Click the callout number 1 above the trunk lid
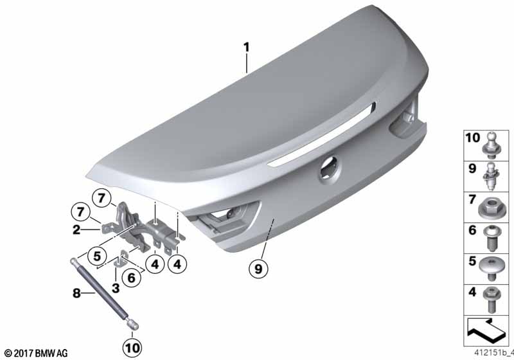pos(246,47)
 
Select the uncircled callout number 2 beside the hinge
pos(76,230)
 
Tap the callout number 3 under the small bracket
pos(116,289)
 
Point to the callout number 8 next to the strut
pos(76,292)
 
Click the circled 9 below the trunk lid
pos(258,269)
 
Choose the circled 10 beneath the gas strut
pos(132,348)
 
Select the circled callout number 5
pos(97,256)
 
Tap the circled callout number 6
pos(131,278)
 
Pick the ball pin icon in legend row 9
pos(491,176)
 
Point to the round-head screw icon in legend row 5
pos(491,268)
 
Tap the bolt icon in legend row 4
pos(491,300)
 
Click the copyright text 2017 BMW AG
pos(36,353)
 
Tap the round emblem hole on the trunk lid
pos(330,170)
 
